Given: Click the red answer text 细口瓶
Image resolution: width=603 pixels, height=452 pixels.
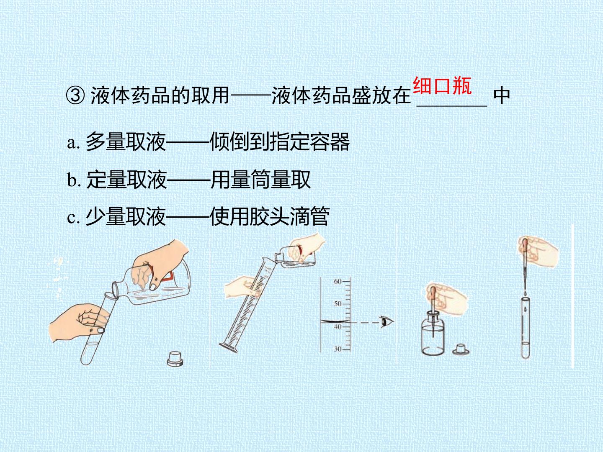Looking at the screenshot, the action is pyautogui.click(x=443, y=86).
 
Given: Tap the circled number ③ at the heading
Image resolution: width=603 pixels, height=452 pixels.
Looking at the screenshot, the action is pyautogui.click(x=75, y=96).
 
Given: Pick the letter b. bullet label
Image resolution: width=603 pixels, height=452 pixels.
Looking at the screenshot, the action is pyautogui.click(x=74, y=180).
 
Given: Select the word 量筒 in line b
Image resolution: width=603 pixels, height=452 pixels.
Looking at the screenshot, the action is pyautogui.click(x=250, y=180).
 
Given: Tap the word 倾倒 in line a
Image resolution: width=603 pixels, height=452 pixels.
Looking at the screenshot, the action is pyautogui.click(x=229, y=142).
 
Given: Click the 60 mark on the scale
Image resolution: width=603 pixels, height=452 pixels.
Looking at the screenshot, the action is pyautogui.click(x=338, y=281).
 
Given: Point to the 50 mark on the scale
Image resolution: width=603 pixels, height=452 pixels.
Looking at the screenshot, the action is pyautogui.click(x=338, y=304).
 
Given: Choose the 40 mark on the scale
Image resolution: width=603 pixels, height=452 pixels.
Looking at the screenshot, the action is pyautogui.click(x=338, y=326).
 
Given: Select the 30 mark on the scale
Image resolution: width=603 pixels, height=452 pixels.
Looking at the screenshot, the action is pyautogui.click(x=338, y=349).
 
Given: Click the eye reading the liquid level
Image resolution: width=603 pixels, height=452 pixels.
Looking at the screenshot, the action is pyautogui.click(x=387, y=322).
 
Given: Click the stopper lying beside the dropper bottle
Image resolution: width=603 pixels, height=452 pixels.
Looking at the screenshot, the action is pyautogui.click(x=461, y=350).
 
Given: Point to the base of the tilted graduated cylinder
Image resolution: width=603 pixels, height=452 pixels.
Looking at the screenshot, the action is pyautogui.click(x=228, y=347).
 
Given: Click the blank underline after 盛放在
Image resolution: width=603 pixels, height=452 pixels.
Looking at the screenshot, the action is pyautogui.click(x=452, y=105).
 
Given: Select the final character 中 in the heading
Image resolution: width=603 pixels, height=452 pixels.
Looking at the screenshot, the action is pyautogui.click(x=502, y=96).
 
